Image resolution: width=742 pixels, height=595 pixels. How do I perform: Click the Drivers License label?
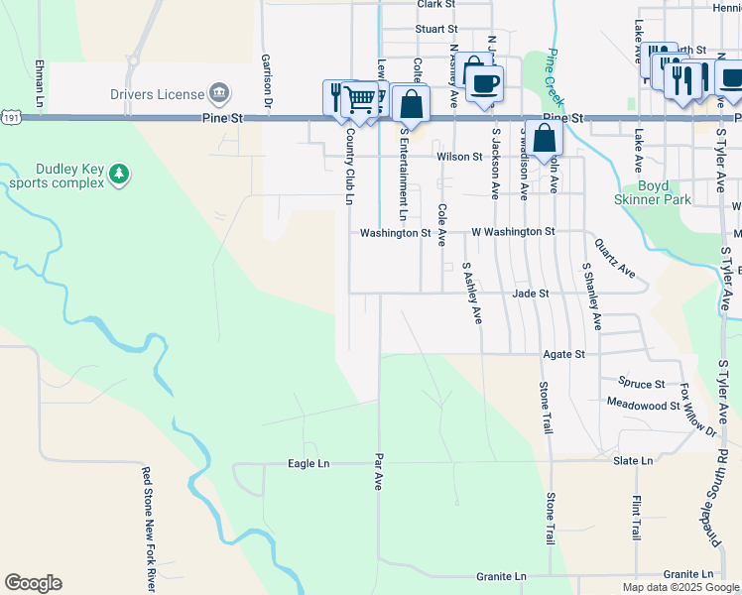pos(161,94)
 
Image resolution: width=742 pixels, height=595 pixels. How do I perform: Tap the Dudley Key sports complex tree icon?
pos(119,176)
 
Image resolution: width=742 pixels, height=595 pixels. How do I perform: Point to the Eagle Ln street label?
pos(308,463)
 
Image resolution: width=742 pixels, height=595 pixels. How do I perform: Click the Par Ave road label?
pos(378,472)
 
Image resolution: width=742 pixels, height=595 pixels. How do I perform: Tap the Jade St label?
pos(530,294)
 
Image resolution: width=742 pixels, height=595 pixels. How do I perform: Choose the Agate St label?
pos(563,353)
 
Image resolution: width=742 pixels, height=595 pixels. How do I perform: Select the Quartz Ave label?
pos(614,256)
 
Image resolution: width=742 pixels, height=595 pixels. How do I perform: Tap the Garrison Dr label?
pos(266,80)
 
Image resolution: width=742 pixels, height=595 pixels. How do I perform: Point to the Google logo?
pos(33,583)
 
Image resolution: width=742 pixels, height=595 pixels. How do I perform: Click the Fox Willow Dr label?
pos(697,408)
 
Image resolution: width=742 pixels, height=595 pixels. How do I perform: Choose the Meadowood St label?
pos(636,405)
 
